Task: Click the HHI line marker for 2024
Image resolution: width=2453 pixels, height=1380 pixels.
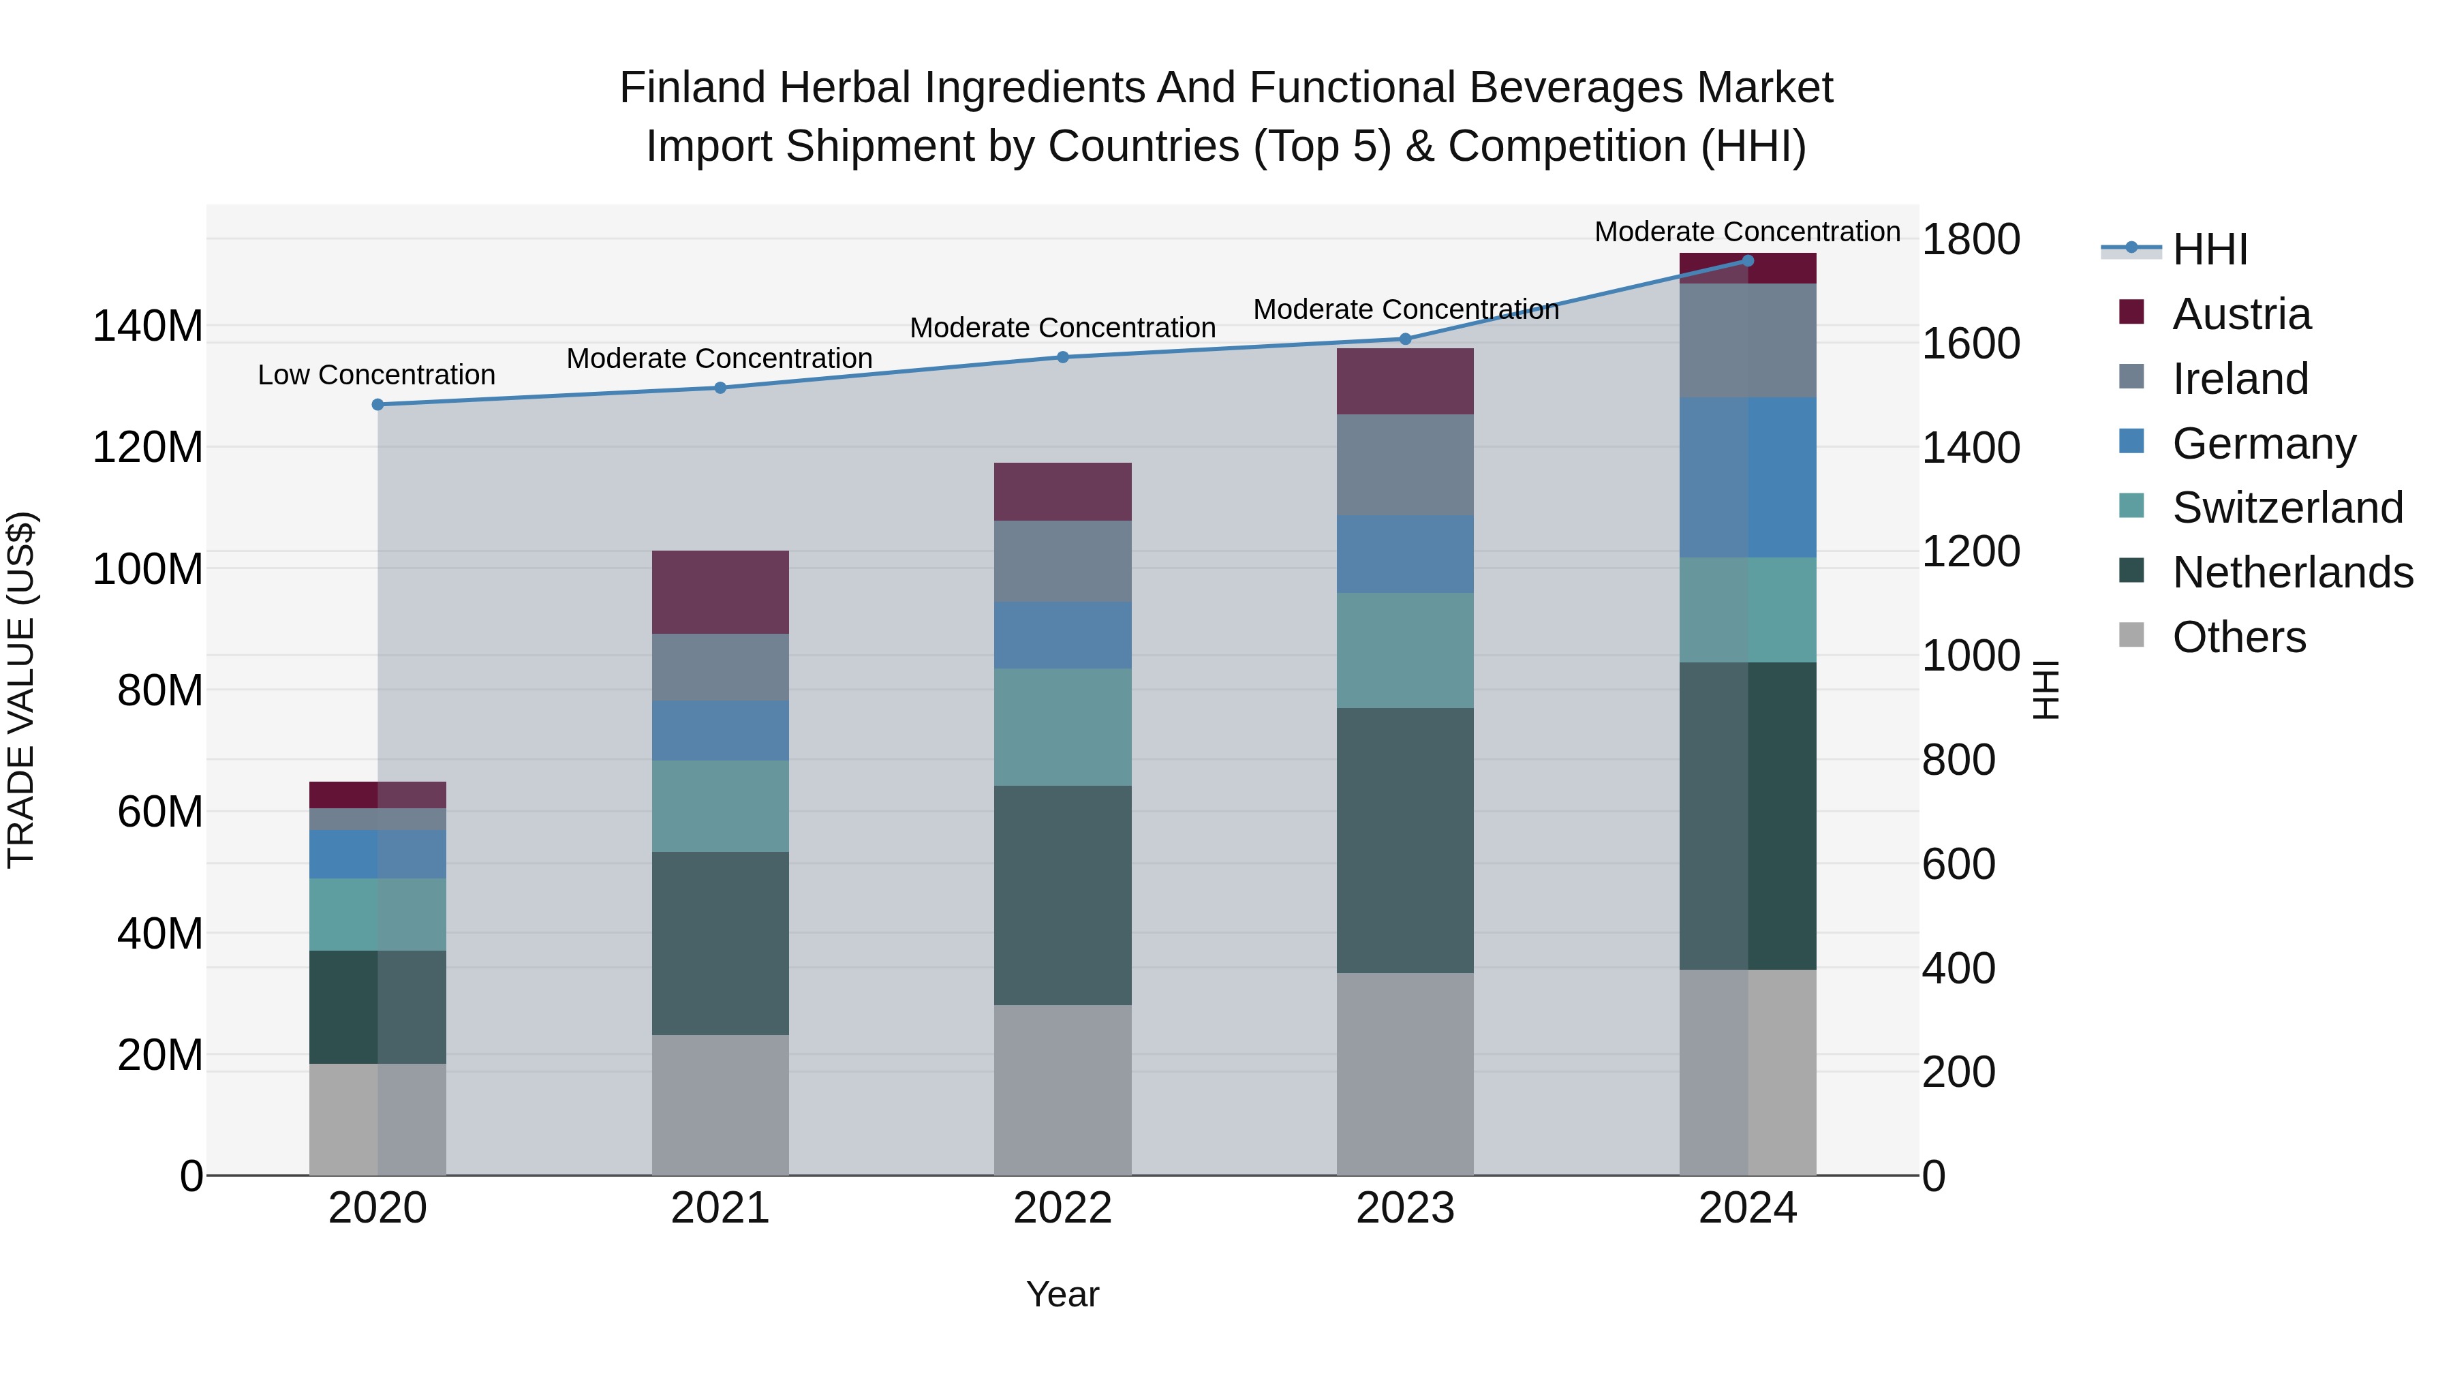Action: (1747, 260)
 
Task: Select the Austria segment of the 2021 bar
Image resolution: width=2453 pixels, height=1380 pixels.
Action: (720, 592)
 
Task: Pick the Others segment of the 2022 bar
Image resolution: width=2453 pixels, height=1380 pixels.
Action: (1063, 1090)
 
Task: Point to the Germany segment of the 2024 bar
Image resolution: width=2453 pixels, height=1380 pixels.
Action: (1747, 477)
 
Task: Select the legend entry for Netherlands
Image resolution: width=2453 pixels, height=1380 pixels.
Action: (2292, 572)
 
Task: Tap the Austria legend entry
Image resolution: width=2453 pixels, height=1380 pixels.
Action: (2240, 314)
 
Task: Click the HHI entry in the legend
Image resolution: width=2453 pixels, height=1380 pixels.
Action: (2209, 249)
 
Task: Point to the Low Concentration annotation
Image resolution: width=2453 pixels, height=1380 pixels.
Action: (376, 375)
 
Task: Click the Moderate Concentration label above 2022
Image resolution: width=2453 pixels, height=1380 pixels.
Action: (1063, 328)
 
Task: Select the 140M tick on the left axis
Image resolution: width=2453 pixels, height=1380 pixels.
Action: (148, 326)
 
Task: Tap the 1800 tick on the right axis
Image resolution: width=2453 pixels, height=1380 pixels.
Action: (1970, 239)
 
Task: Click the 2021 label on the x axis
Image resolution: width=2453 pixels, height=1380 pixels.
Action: (720, 1208)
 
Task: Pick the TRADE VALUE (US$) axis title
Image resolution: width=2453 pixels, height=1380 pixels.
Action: (21, 690)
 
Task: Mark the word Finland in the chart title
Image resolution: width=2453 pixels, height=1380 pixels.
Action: (692, 88)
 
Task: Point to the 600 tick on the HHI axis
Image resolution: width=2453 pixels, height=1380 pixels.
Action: (1958, 864)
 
